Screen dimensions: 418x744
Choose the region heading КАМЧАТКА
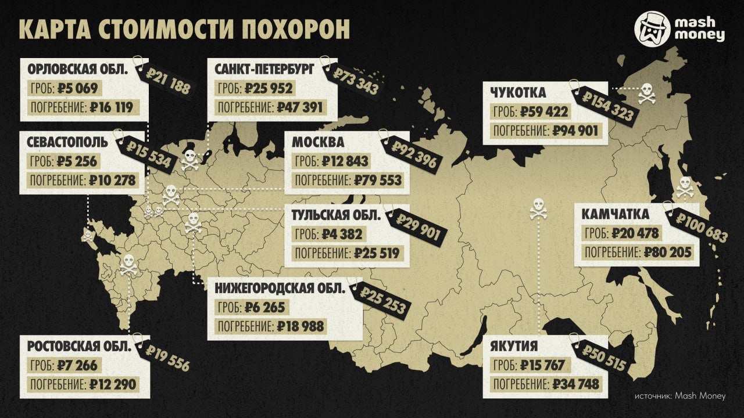[616, 215]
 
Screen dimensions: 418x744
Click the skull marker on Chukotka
[647, 94]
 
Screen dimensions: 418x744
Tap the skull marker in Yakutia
[538, 208]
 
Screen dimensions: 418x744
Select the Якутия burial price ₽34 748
[575, 384]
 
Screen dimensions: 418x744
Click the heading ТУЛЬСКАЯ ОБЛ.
[337, 215]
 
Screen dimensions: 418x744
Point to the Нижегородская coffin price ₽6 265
[265, 307]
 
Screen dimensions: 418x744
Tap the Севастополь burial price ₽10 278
[113, 180]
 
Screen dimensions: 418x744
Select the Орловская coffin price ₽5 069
[80, 89]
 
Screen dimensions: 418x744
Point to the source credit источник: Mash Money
[679, 396]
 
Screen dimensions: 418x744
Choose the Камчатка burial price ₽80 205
[668, 253]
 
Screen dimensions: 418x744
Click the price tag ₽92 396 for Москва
[413, 154]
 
